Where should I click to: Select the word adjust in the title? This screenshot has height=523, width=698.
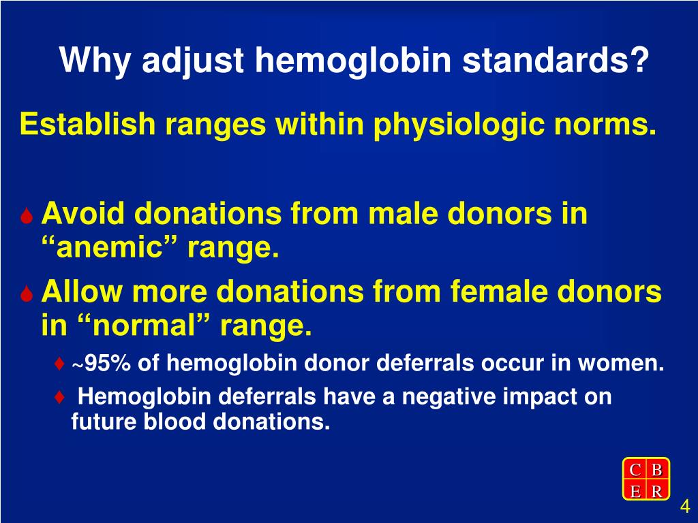pyautogui.click(x=193, y=61)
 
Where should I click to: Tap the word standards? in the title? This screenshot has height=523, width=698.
pyautogui.click(x=556, y=61)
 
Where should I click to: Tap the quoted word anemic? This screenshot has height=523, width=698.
pyautogui.click(x=112, y=249)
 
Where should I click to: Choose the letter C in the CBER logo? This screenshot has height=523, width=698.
pyautogui.click(x=635, y=469)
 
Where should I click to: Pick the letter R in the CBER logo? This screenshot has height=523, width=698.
pyautogui.click(x=656, y=491)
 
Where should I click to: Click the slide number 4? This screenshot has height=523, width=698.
pyautogui.click(x=685, y=507)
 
